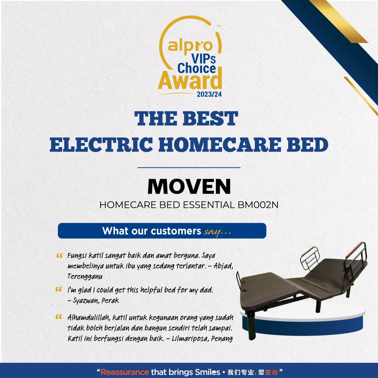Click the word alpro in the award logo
(x=190, y=46)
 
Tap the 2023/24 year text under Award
(x=209, y=94)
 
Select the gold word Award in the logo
(x=190, y=80)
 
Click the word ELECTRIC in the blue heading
(x=101, y=144)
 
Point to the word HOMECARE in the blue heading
(x=220, y=144)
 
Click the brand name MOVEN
(x=189, y=186)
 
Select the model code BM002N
(x=258, y=205)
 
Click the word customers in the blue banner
(x=176, y=231)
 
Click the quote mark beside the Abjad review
(x=59, y=256)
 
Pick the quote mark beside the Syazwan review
(x=59, y=289)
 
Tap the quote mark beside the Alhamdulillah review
(x=59, y=317)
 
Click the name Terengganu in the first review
(x=85, y=277)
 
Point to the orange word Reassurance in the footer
(x=125, y=372)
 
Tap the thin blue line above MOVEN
(x=189, y=167)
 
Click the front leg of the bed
(x=251, y=326)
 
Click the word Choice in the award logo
(x=197, y=68)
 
